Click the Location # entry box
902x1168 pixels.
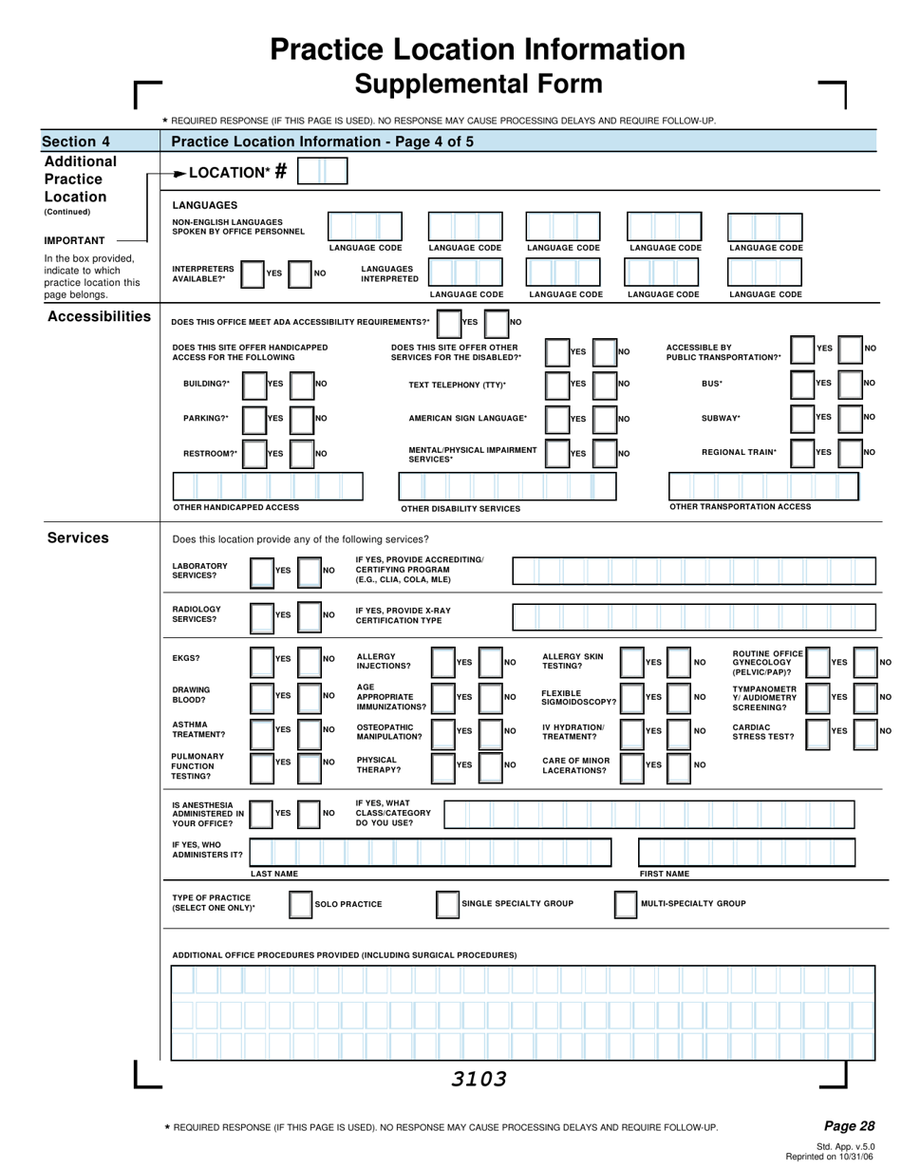(323, 172)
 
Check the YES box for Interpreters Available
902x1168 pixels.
(252, 273)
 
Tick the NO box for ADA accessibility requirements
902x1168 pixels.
(497, 322)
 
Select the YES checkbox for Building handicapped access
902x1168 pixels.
(254, 384)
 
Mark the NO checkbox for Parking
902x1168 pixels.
(301, 418)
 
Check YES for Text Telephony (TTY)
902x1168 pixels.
(557, 384)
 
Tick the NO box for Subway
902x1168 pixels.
(851, 418)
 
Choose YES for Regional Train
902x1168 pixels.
(803, 453)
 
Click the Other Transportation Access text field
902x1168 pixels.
(763, 486)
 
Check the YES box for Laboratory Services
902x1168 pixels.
(260, 571)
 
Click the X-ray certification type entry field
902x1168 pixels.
(694, 615)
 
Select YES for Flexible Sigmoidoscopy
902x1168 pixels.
(631, 697)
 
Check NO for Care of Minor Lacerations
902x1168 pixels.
(680, 764)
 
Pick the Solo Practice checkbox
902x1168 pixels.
(300, 904)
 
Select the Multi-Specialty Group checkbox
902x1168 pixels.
(626, 904)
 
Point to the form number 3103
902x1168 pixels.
(479, 1079)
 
